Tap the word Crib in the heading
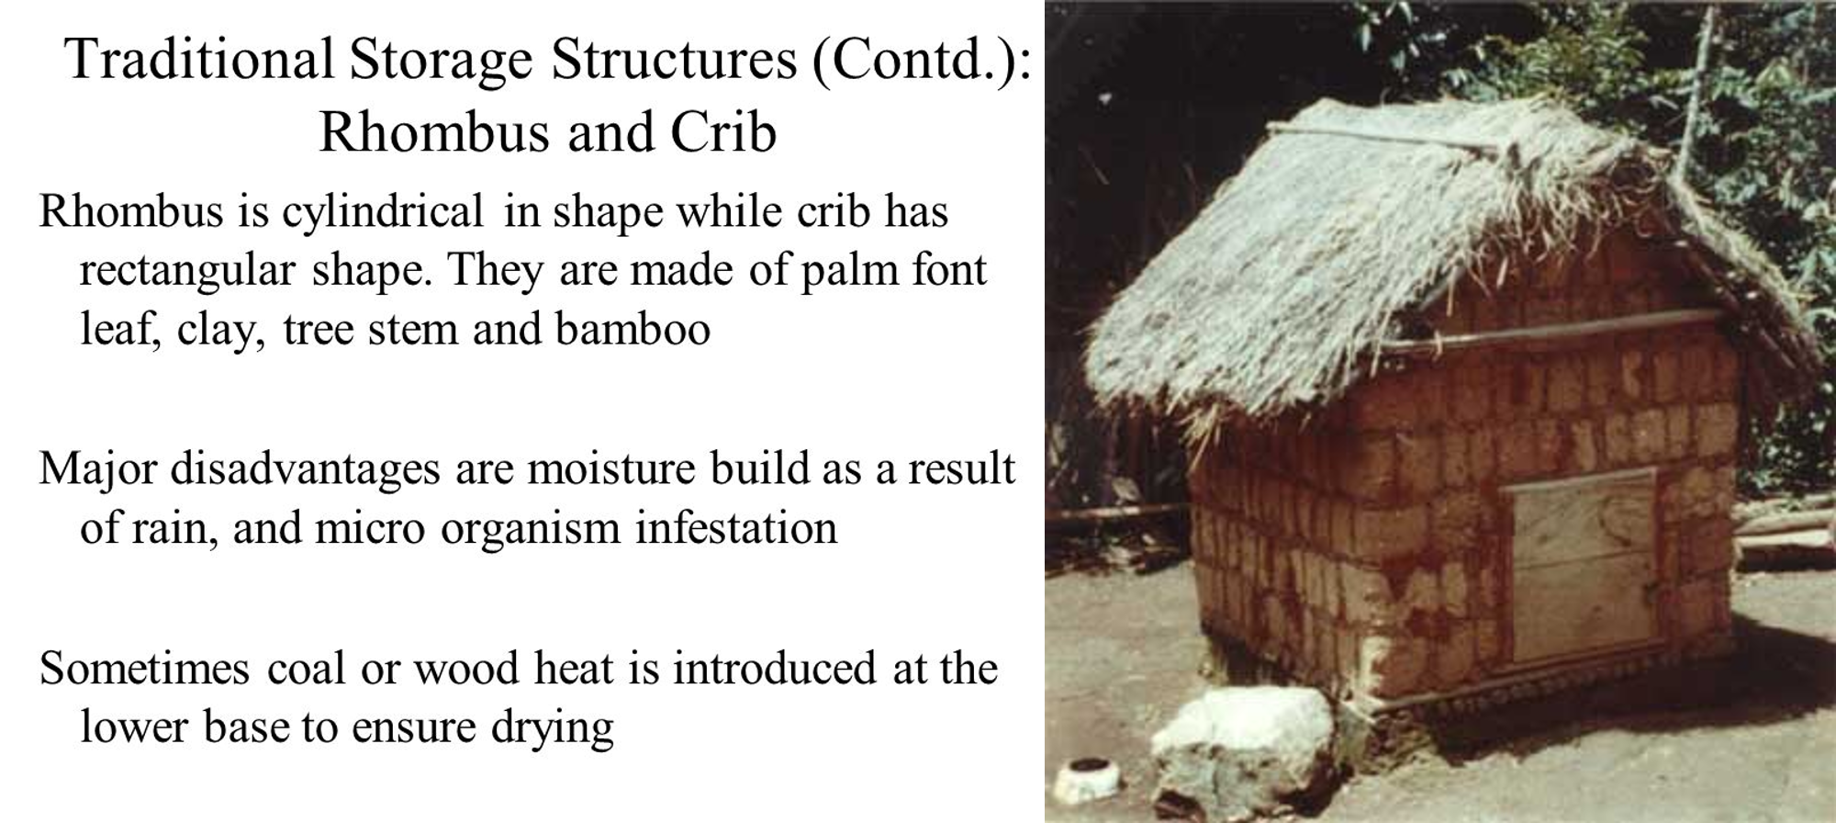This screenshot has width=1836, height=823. tap(723, 132)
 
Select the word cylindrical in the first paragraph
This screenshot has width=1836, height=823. tap(382, 213)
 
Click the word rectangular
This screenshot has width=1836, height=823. tap(187, 272)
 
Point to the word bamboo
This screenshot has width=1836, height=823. tap(633, 329)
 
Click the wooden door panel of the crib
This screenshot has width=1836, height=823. tap(1583, 565)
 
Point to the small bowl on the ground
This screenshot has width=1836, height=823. tap(1089, 779)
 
